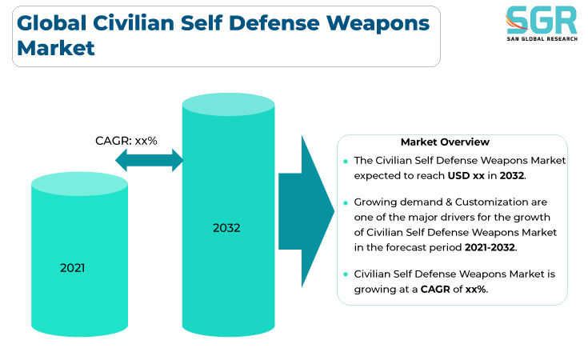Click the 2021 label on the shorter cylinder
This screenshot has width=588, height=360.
click(x=72, y=268)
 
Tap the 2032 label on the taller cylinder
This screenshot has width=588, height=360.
click(x=226, y=228)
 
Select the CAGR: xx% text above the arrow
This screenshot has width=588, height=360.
click(x=126, y=141)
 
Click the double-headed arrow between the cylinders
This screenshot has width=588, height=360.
click(x=150, y=160)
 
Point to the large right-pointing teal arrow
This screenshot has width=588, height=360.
click(x=306, y=211)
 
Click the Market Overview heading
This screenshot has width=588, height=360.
click(x=445, y=142)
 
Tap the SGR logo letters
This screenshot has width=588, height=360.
click(x=542, y=20)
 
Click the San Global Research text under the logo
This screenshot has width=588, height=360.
click(x=542, y=38)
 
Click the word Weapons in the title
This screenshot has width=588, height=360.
click(x=378, y=25)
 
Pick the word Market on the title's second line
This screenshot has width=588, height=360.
click(x=56, y=48)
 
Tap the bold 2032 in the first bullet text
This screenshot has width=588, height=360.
click(x=512, y=175)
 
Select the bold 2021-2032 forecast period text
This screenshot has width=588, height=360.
click(x=490, y=247)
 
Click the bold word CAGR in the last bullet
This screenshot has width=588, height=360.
click(x=435, y=289)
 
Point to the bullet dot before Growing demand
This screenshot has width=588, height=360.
click(x=346, y=203)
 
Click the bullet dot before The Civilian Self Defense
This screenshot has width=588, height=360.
click(x=346, y=162)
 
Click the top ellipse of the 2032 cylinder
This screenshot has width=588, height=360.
click(x=228, y=104)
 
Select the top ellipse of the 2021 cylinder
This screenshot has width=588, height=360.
click(x=79, y=184)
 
